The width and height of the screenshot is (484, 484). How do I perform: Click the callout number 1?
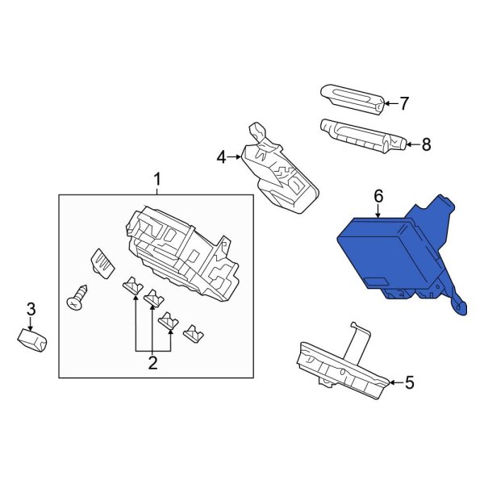pos(157,178)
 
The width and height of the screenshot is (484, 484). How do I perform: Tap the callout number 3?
pos(31,308)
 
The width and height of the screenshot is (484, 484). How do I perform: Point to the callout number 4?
pos(222,157)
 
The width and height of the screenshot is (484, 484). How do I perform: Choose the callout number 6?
pos(378,195)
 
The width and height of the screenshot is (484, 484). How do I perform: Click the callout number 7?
pos(404,103)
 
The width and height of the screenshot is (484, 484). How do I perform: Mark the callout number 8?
pos(426,145)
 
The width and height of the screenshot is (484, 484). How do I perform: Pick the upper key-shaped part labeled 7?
pos(351,98)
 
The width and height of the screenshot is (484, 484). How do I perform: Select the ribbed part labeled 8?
pos(359,135)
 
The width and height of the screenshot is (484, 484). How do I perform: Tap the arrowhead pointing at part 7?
pos(384,103)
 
